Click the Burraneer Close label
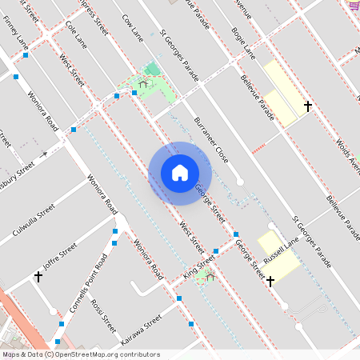(212, 140)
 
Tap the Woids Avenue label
(349, 149)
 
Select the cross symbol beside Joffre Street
(38, 277)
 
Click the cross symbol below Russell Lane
(270, 281)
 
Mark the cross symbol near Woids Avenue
(307, 106)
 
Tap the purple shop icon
(354, 6)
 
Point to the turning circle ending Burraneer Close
(240, 182)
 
